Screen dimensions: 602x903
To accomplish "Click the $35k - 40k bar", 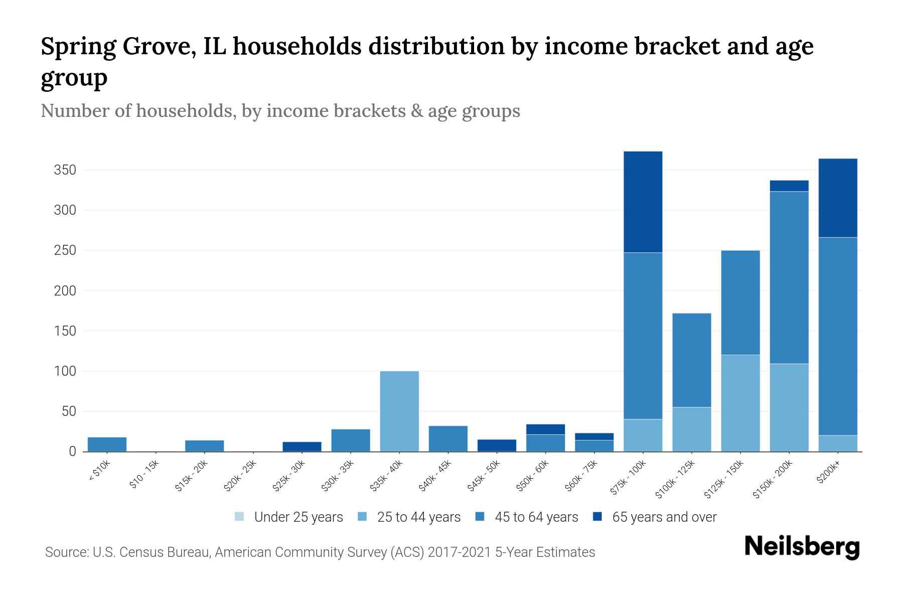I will tap(399, 411).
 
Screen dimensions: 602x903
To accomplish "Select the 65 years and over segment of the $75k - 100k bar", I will tap(643, 202).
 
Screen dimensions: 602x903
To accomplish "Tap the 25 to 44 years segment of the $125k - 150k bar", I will tap(740, 403).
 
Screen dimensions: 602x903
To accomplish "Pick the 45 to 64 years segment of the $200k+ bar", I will tap(837, 336).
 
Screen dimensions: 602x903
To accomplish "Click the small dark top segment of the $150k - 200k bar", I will tap(789, 186).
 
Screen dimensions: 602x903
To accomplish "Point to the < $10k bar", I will tap(107, 444).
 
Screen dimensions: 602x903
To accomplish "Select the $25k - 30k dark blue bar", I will tap(302, 446).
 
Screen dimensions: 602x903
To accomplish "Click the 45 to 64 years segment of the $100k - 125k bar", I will tap(691, 360).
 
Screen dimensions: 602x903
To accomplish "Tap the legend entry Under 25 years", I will tap(298, 517).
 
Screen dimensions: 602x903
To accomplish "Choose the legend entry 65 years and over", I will tap(664, 517).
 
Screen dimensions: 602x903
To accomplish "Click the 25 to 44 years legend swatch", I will tap(362, 517).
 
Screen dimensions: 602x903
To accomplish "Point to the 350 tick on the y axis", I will tap(65, 170).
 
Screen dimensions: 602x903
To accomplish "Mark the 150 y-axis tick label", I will tap(65, 331).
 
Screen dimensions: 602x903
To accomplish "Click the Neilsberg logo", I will tap(802, 547).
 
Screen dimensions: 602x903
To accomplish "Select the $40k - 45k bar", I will tap(448, 438).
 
